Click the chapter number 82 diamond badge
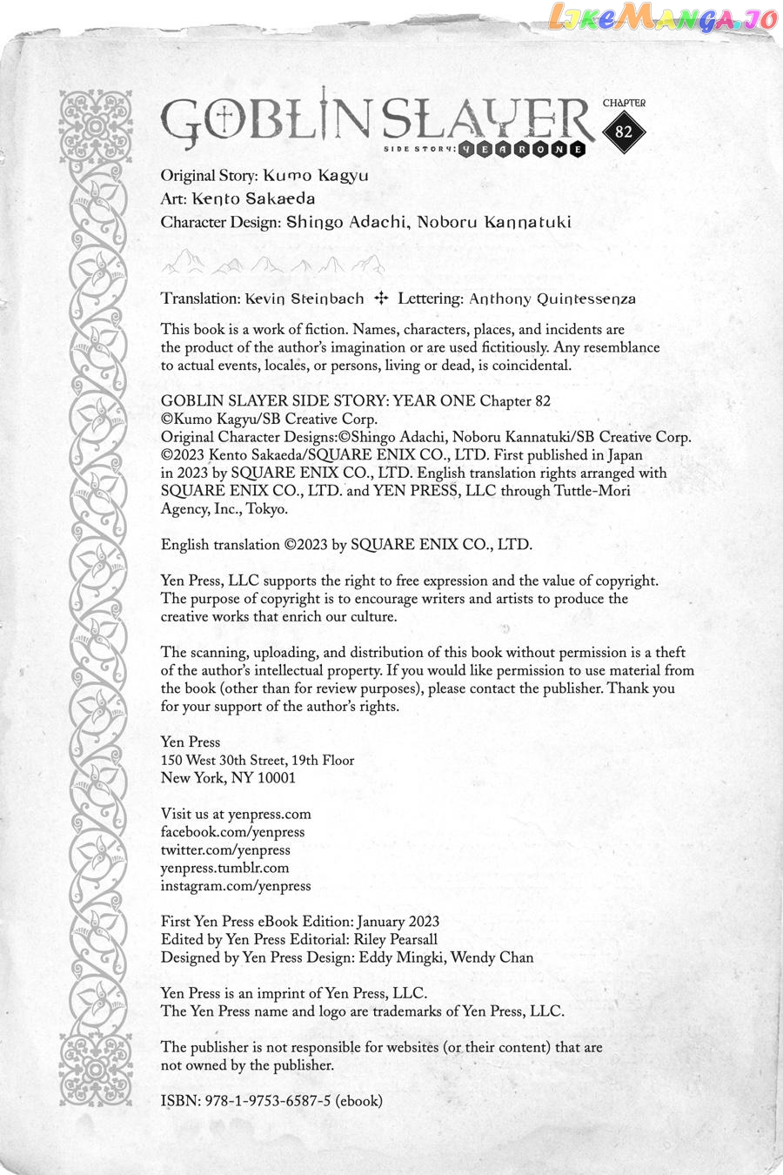coord(623,132)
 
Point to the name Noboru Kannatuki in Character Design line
coord(493,222)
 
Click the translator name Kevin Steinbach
coord(304,299)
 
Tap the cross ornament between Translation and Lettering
coord(380,299)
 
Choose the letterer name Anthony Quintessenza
coord(552,299)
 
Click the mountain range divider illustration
coord(272,261)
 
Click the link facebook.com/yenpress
coord(232,832)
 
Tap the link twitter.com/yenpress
coord(225,850)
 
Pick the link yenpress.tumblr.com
coord(224,868)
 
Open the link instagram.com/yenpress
coord(236,886)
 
